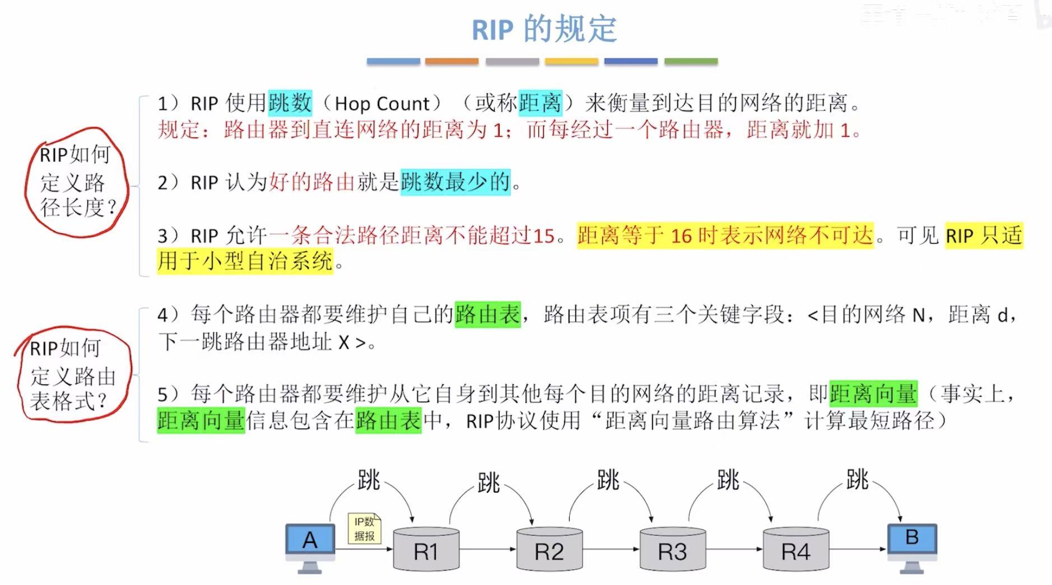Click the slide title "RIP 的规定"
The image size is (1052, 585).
click(544, 29)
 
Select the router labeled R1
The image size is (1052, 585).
click(426, 549)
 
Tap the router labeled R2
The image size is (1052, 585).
click(549, 549)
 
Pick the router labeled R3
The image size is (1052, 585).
click(672, 549)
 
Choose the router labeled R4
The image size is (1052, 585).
click(795, 549)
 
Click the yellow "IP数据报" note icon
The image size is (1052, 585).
click(364, 528)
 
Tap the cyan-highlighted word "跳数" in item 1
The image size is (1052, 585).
click(290, 103)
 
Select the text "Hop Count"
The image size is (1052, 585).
click(382, 104)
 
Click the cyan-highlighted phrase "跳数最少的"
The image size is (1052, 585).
click(455, 182)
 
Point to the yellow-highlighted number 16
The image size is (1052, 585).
click(681, 236)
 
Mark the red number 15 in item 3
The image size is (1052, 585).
click(543, 236)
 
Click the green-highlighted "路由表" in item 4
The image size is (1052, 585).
click(487, 314)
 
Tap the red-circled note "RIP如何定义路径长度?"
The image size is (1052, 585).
click(76, 181)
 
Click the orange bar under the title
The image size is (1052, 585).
click(451, 61)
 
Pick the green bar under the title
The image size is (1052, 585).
click(691, 61)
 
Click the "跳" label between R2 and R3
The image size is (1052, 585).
click(608, 480)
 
